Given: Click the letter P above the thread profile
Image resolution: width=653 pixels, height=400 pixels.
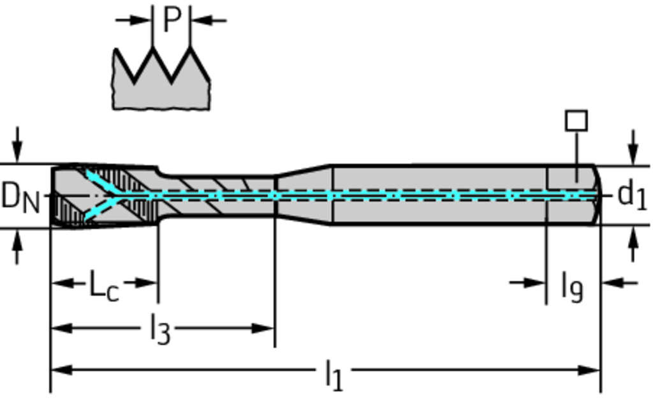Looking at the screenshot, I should point(172,20).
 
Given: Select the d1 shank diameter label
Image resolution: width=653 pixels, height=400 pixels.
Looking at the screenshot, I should point(632,195).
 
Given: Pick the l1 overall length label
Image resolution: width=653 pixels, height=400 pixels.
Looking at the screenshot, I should point(334,374).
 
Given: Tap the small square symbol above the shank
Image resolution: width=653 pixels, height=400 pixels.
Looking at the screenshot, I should point(576,121).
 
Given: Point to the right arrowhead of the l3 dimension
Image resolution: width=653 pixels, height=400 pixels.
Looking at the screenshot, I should point(267,329).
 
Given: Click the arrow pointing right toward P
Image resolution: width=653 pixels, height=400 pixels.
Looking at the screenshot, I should point(142,20).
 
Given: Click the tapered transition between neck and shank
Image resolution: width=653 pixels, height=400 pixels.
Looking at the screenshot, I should point(303,195).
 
